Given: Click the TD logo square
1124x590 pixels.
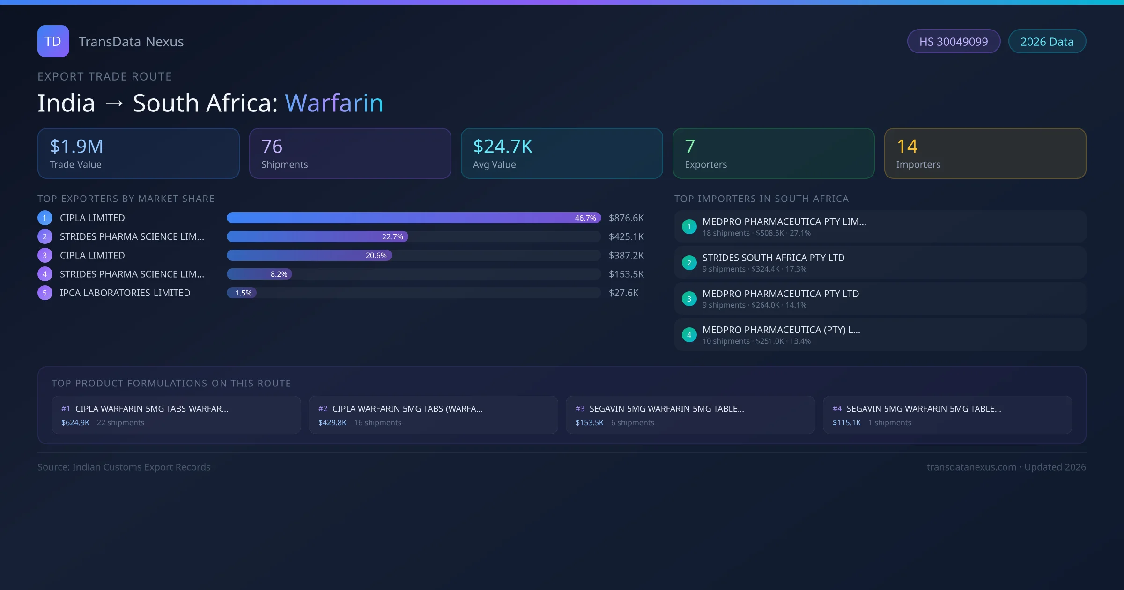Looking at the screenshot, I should pos(53,41).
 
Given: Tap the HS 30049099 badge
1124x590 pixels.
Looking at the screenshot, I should pos(954,42).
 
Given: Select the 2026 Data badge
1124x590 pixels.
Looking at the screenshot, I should pos(1047,42).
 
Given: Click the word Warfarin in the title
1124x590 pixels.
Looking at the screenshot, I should pos(334,103).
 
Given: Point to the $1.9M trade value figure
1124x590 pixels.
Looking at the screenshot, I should pos(76,147).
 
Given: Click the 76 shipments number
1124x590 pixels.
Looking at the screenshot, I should pos(272,147).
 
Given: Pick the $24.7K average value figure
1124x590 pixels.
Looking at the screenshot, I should pos(503,147).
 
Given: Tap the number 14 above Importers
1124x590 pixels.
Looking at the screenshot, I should pos(907,147).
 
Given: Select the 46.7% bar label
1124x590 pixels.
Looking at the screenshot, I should pos(585,218).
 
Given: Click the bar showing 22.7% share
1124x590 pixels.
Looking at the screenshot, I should pos(317,237).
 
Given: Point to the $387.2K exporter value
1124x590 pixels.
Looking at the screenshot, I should pos(626,256).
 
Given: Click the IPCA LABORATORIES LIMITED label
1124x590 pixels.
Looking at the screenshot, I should pos(125,293).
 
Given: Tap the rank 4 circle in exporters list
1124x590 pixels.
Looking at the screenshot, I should pos(45,274).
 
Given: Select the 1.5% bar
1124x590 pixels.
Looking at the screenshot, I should pos(242,293).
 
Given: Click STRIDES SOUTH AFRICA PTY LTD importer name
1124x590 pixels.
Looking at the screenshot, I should pos(773,258).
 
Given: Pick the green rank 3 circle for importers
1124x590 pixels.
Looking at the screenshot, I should pos(689,299).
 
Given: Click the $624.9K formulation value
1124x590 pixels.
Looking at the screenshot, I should pos(75,423).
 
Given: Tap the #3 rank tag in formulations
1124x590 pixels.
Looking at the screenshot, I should pos(580,409).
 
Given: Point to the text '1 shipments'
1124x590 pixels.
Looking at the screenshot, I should pos(889,423).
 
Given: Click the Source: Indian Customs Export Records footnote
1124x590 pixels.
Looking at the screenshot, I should pos(124,467).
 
